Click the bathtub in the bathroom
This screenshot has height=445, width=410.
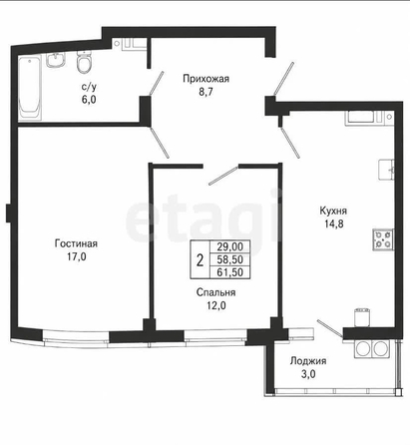coord(30,87)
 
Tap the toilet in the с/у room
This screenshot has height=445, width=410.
coord(84,62)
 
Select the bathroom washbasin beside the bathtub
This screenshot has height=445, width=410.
coord(55,60)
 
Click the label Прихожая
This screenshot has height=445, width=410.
coord(205,79)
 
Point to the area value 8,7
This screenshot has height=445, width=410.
coord(205,92)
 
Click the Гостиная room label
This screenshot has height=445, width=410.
coord(76,243)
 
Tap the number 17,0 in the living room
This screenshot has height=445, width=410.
coord(77,256)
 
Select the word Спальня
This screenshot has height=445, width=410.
coord(216,292)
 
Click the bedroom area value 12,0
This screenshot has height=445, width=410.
coord(216,305)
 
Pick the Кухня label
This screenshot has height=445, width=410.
coord(333,211)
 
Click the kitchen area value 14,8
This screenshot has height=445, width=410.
coord(334,223)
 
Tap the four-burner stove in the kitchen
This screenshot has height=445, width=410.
coord(383,239)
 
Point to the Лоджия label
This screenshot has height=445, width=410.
coord(308,361)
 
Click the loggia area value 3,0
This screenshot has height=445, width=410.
coord(308,374)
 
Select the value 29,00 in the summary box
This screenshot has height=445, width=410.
coord(230,246)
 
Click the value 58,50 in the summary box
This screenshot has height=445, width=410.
coord(230,259)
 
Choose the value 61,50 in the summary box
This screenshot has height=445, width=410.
coord(230,272)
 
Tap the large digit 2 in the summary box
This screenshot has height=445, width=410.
coord(200,260)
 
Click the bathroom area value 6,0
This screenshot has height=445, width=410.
coord(89,99)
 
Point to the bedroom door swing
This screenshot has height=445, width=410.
coord(222,175)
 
